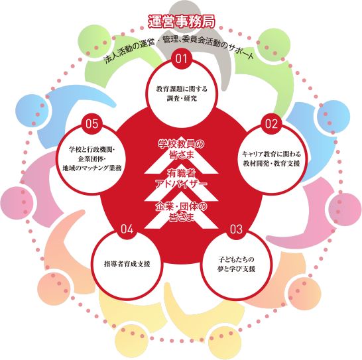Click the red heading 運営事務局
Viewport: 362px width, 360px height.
pos(182,22)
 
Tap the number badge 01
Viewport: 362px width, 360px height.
pos(182,58)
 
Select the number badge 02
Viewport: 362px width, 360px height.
pos(271,124)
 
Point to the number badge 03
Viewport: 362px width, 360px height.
pos(236,229)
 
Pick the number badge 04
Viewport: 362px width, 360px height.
pos(127,229)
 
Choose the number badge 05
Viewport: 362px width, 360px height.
pos(92,124)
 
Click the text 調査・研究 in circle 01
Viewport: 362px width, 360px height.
pos(182,98)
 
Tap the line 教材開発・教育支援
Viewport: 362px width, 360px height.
pos(272,164)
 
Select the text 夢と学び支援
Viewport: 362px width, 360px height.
pos(236,269)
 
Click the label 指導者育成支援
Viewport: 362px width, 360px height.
pos(127,264)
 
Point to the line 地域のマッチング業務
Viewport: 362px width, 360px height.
pos(92,168)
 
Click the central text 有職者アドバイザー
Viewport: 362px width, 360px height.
pos(182,179)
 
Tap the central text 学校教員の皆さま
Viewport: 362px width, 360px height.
pos(182,149)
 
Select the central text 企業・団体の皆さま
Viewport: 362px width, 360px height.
pos(182,211)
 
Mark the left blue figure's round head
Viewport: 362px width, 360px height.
pos(32,110)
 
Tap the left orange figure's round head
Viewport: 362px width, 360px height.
pos(54,288)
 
